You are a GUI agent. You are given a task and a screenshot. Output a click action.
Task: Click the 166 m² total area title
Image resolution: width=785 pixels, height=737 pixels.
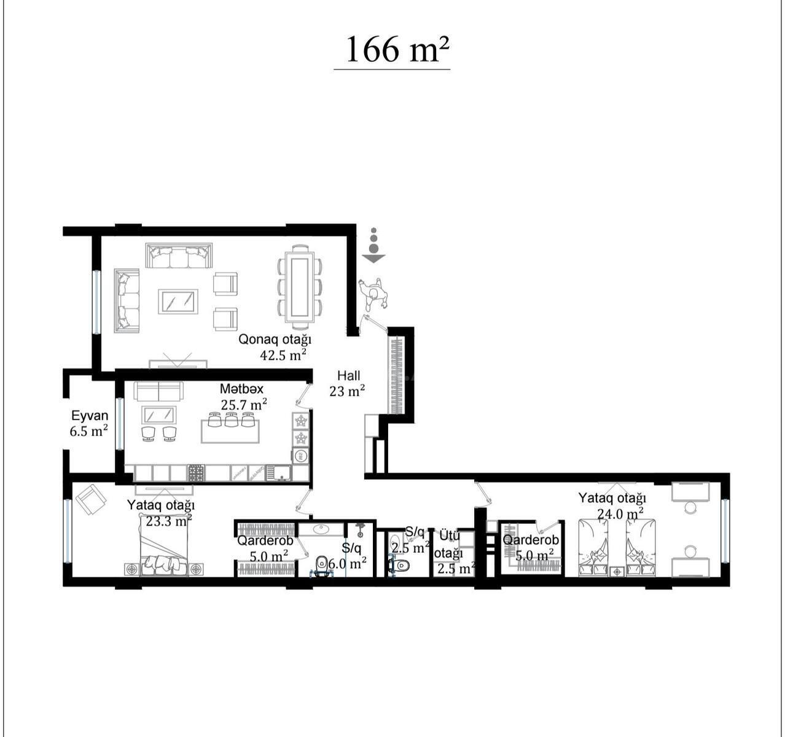click(397, 50)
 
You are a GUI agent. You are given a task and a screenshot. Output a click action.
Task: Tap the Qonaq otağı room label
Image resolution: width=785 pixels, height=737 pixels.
click(275, 340)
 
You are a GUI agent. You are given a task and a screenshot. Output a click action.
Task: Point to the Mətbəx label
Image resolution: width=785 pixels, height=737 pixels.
click(241, 389)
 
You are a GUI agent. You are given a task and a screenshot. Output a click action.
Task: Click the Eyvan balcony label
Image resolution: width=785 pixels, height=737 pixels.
click(90, 416)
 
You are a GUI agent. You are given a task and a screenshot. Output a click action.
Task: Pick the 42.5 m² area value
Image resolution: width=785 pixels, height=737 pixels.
click(283, 355)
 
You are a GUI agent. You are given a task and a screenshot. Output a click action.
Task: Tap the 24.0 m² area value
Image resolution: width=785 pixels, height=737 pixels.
click(620, 514)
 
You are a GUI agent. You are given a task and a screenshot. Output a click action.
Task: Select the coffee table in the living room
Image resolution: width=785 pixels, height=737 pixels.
click(178, 302)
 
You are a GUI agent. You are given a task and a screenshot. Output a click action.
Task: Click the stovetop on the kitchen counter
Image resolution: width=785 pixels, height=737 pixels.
click(196, 473)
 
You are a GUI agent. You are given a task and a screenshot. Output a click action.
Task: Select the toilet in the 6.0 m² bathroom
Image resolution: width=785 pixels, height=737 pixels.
click(322, 564)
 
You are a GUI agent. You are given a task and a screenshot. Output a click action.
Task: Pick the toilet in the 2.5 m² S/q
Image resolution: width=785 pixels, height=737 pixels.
click(399, 566)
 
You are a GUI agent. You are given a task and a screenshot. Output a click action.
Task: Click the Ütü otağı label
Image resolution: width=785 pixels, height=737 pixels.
click(449, 545)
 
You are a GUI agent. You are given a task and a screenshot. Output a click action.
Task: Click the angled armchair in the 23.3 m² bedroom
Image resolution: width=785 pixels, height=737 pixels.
click(91, 499)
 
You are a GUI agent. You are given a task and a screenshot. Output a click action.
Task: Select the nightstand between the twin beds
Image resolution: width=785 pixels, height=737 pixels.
click(617, 571)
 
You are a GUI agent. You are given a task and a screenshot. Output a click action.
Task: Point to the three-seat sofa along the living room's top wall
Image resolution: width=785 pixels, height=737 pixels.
click(179, 255)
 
